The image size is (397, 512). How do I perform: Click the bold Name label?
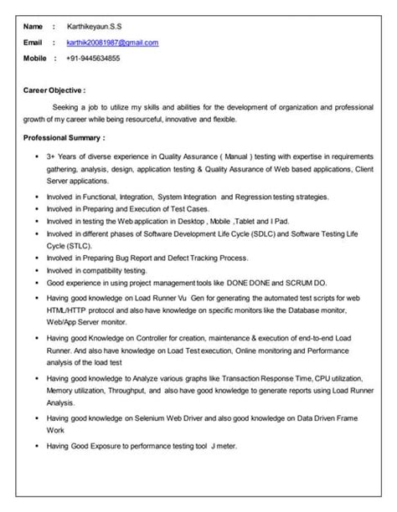coord(33,25)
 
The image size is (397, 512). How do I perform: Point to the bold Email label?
coord(33,41)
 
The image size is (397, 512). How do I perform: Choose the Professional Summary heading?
coord(64,136)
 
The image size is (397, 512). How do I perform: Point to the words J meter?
coord(224,446)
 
